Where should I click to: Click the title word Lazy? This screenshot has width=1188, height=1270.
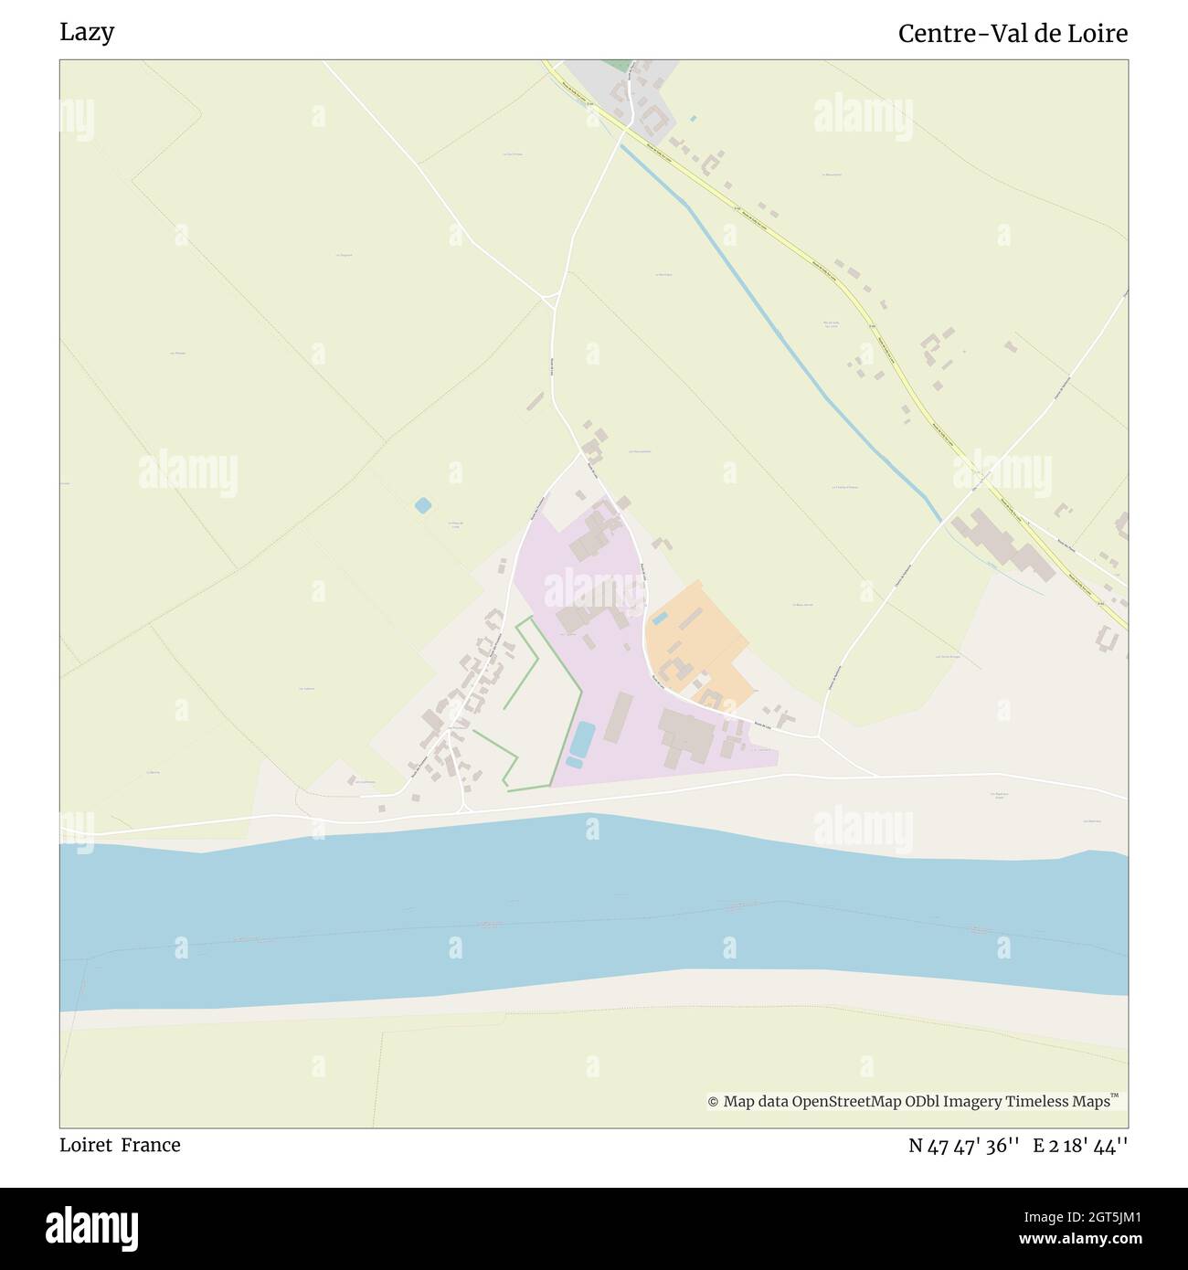[87, 33]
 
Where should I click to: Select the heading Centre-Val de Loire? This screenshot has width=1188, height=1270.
[1013, 34]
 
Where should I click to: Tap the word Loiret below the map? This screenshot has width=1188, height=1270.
[87, 1145]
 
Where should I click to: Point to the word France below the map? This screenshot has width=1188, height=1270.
[151, 1145]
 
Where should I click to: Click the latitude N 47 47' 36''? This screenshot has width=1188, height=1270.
[964, 1146]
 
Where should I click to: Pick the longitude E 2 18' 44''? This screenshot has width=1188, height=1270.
[1080, 1146]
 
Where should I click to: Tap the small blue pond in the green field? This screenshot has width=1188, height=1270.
[422, 504]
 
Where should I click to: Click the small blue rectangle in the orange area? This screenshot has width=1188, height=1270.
[659, 619]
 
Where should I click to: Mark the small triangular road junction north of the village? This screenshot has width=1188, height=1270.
[550, 299]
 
